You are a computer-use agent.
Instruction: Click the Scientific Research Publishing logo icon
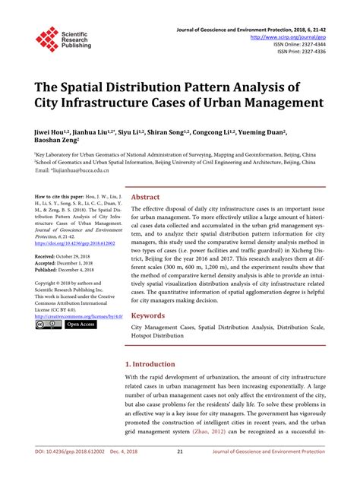47,39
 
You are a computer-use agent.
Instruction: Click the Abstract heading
146,196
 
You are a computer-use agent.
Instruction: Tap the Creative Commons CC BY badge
48,325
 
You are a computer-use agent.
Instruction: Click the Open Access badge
81,325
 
